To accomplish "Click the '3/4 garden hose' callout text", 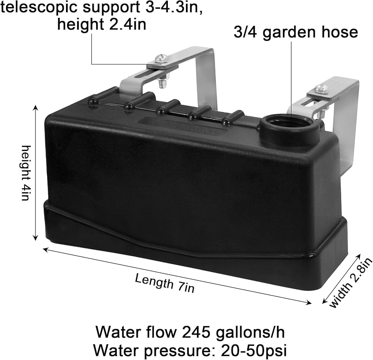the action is [x=296, y=32].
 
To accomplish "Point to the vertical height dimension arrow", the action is [x=36, y=173].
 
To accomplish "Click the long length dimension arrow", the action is [x=177, y=276].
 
